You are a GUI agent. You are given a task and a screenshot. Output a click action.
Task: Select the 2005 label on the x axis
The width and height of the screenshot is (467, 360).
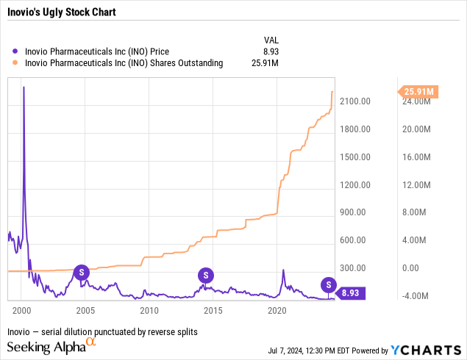pyautogui.click(x=86, y=310)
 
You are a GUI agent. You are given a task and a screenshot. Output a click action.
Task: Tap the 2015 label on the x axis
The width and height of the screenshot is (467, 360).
pyautogui.click(x=213, y=310)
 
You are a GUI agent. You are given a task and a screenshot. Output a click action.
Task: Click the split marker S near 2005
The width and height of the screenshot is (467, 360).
pyautogui.click(x=82, y=273)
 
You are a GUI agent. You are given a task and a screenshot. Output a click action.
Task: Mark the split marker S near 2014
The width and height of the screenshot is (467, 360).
pyautogui.click(x=207, y=276)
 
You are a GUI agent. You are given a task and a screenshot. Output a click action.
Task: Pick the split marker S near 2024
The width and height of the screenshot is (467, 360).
pyautogui.click(x=329, y=284)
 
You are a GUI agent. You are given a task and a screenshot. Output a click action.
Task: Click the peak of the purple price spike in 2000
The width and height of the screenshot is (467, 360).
pyautogui.click(x=24, y=87)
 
